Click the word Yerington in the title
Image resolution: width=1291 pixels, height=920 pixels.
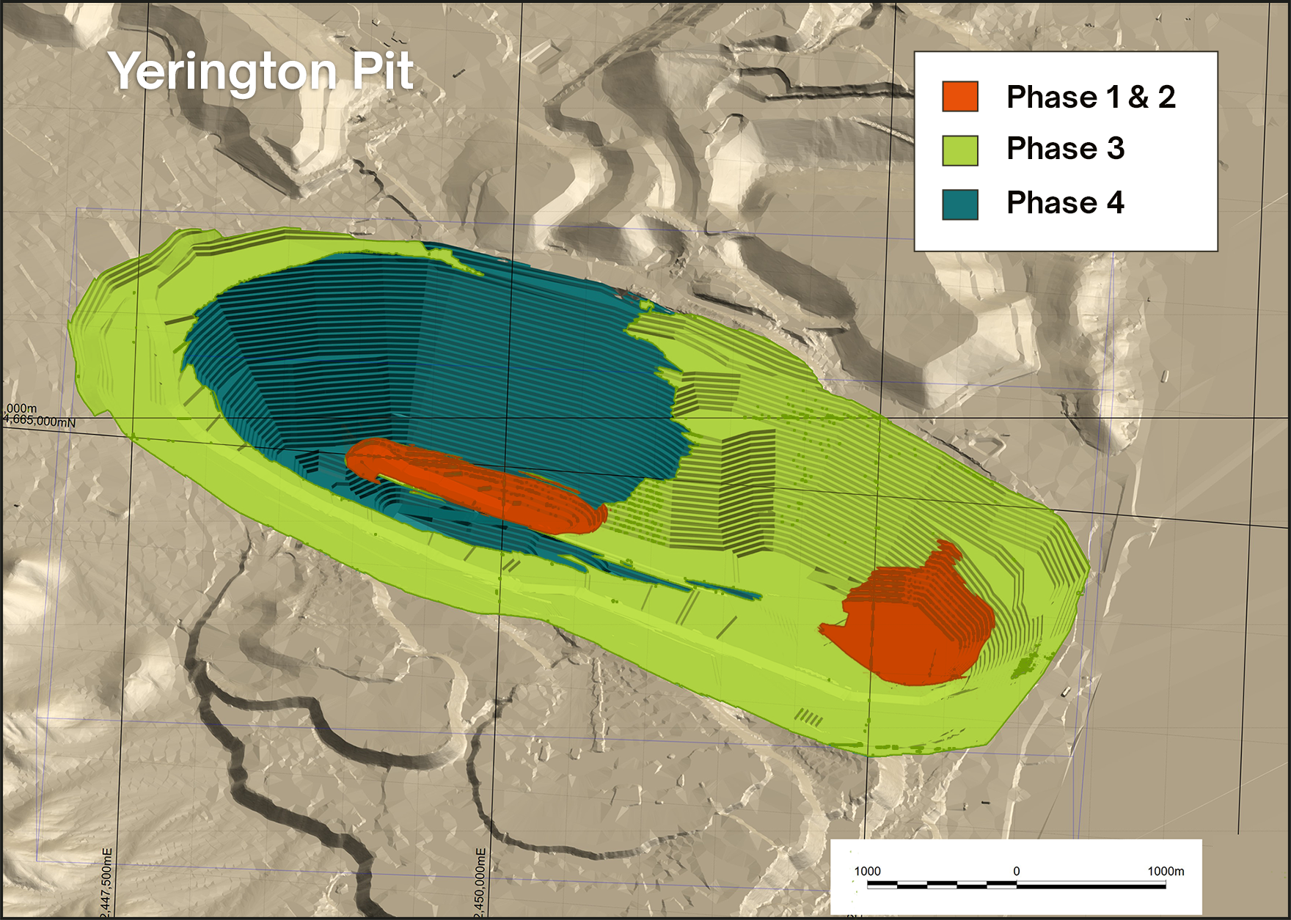[222, 72]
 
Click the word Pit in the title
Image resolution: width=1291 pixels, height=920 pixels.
[382, 71]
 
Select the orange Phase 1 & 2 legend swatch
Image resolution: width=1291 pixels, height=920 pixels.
[960, 97]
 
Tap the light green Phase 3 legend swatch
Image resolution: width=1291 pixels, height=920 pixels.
[960, 150]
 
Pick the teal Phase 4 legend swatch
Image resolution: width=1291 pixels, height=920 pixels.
[960, 205]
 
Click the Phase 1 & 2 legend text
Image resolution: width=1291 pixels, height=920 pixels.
[1091, 97]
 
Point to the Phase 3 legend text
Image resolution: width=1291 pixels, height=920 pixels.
[1065, 149]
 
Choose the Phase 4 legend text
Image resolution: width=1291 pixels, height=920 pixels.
[1065, 202]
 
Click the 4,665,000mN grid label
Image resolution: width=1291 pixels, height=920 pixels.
[40, 422]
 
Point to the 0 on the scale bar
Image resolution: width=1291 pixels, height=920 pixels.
[1016, 871]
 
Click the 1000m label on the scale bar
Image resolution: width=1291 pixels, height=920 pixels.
[1166, 871]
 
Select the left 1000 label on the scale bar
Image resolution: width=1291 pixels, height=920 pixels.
[867, 871]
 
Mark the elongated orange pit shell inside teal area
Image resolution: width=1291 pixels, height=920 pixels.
[477, 484]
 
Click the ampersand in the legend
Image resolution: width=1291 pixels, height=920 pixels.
[1138, 97]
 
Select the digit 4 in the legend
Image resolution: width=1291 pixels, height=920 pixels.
[1115, 202]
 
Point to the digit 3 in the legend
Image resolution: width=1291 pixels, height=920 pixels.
[1115, 149]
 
